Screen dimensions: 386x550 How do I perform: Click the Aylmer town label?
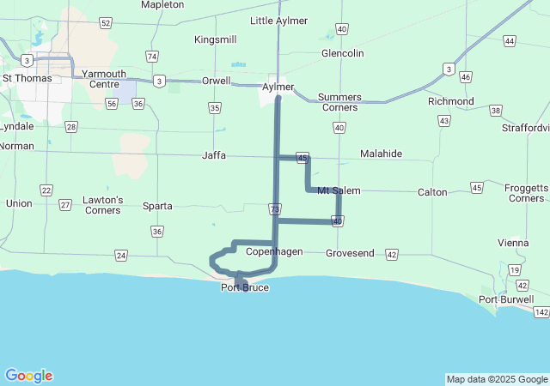pyautogui.click(x=278, y=87)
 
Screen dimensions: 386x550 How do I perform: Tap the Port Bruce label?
pyautogui.click(x=245, y=287)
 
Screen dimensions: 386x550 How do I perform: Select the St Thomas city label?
pyautogui.click(x=27, y=78)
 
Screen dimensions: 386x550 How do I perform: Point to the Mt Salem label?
pyautogui.click(x=339, y=190)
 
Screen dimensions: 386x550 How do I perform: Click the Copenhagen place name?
pyautogui.click(x=274, y=252)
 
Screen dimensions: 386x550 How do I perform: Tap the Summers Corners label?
pyautogui.click(x=339, y=102)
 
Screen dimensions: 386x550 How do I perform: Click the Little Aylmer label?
pyautogui.click(x=278, y=21)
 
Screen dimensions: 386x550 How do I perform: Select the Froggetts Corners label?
pyautogui.click(x=526, y=193)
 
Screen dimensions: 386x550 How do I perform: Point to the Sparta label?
pyautogui.click(x=157, y=206)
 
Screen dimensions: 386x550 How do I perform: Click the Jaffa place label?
pyautogui.click(x=214, y=155)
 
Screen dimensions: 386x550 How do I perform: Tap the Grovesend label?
pyautogui.click(x=350, y=254)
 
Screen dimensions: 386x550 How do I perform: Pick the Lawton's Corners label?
pyautogui.click(x=103, y=205)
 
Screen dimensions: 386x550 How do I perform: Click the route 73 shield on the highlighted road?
pyautogui.click(x=274, y=208)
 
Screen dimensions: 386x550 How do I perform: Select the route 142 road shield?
pyautogui.click(x=541, y=312)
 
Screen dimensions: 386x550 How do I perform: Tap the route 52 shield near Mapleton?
pyautogui.click(x=105, y=23)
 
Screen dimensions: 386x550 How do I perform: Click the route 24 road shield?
pyautogui.click(x=121, y=256)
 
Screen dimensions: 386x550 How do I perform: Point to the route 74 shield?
pyautogui.click(x=152, y=57)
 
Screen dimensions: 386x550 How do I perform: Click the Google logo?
pyautogui.click(x=28, y=376)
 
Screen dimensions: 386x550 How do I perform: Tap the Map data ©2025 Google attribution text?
pyautogui.click(x=497, y=379)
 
